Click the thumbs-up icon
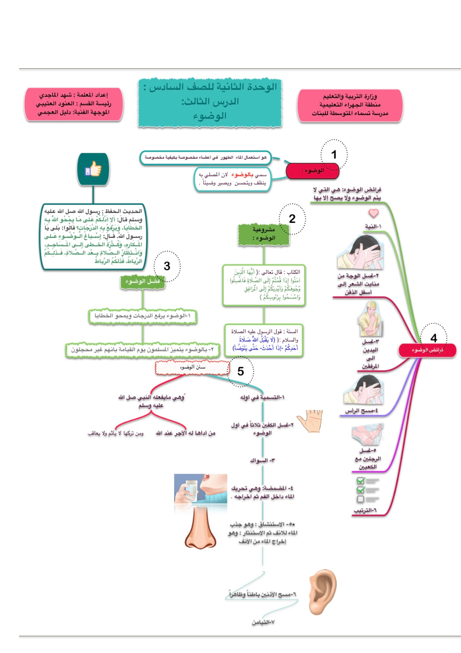(x=93, y=169)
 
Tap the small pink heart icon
(x=374, y=213)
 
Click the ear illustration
(x=323, y=591)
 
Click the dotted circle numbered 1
(x=334, y=155)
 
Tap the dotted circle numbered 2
(x=292, y=219)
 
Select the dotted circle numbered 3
(x=167, y=266)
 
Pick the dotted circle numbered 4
(x=433, y=338)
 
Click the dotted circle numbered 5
(x=241, y=371)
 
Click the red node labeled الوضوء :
(x=312, y=171)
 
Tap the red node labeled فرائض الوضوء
(x=427, y=350)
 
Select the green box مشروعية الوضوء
(x=264, y=234)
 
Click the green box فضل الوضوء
(x=142, y=282)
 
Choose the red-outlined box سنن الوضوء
(x=192, y=368)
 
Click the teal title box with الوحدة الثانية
(x=210, y=102)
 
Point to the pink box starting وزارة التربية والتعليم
(x=349, y=105)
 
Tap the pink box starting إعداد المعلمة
(x=73, y=104)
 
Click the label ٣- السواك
(x=263, y=460)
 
